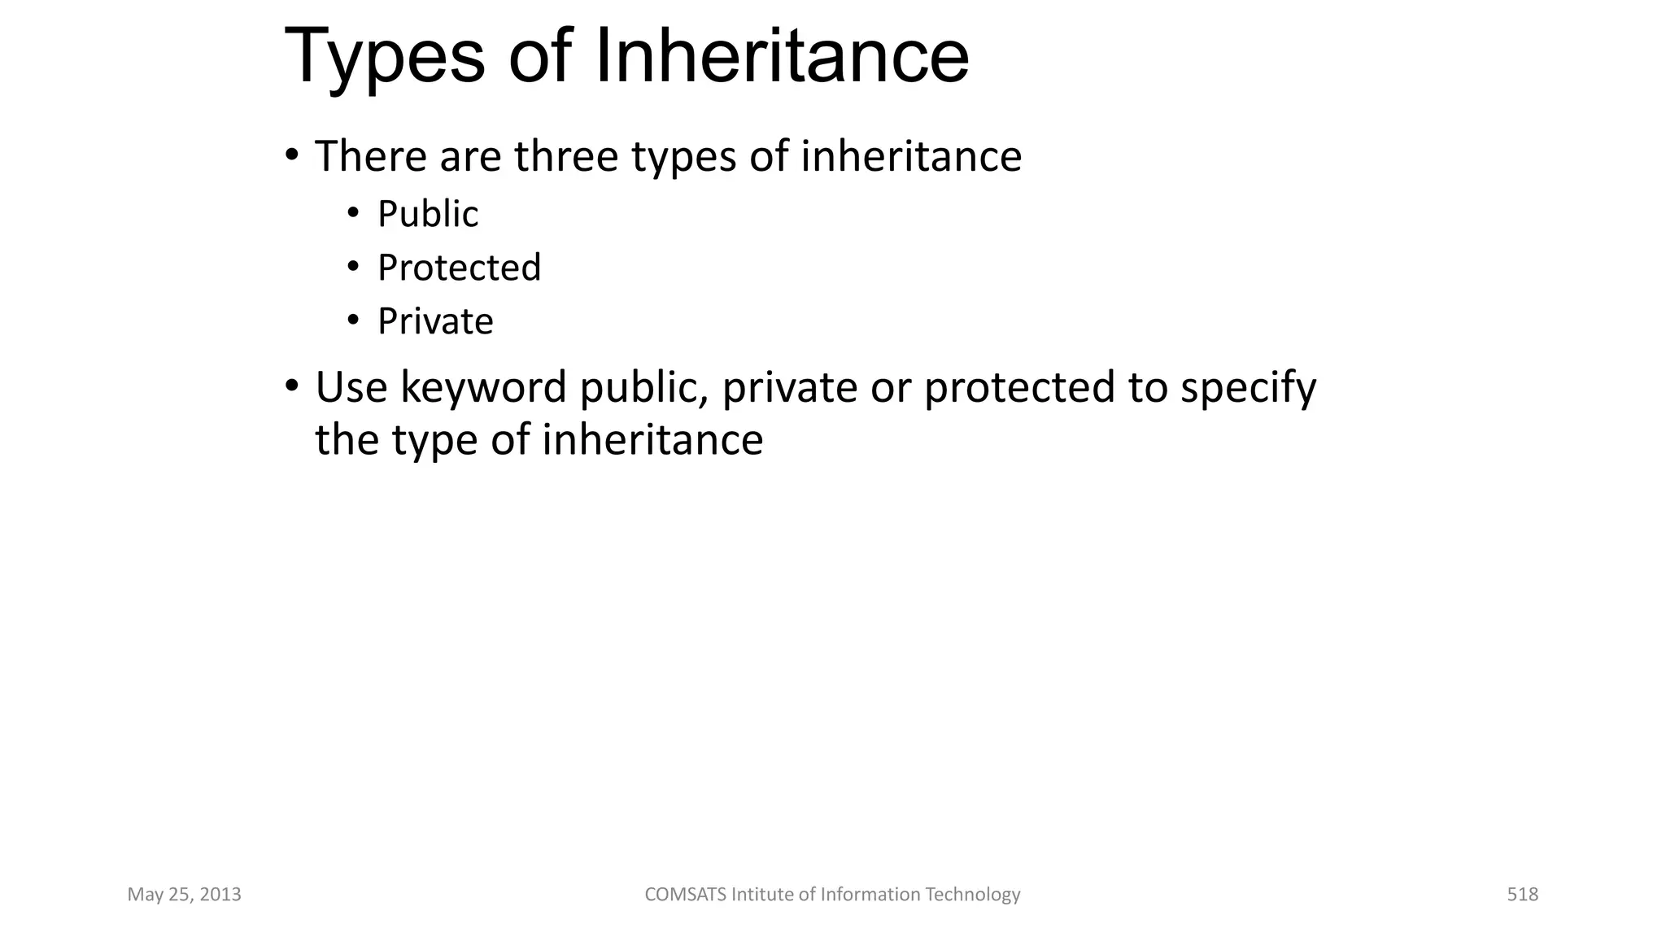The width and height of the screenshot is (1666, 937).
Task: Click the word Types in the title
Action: tap(384, 57)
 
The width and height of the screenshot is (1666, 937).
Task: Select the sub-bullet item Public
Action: tap(428, 215)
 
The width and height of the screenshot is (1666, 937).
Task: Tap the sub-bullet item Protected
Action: tap(459, 268)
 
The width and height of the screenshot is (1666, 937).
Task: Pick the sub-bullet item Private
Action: tap(435, 321)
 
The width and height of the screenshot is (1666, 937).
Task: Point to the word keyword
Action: tap(483, 387)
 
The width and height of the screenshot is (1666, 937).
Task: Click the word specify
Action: tap(1248, 389)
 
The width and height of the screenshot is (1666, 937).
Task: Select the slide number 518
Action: tap(1522, 895)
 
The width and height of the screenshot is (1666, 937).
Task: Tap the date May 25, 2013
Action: tap(185, 895)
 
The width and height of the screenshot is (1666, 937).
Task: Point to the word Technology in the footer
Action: tap(973, 895)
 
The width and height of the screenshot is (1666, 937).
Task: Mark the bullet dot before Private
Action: tap(353, 320)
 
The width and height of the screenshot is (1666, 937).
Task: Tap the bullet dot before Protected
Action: tap(353, 267)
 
